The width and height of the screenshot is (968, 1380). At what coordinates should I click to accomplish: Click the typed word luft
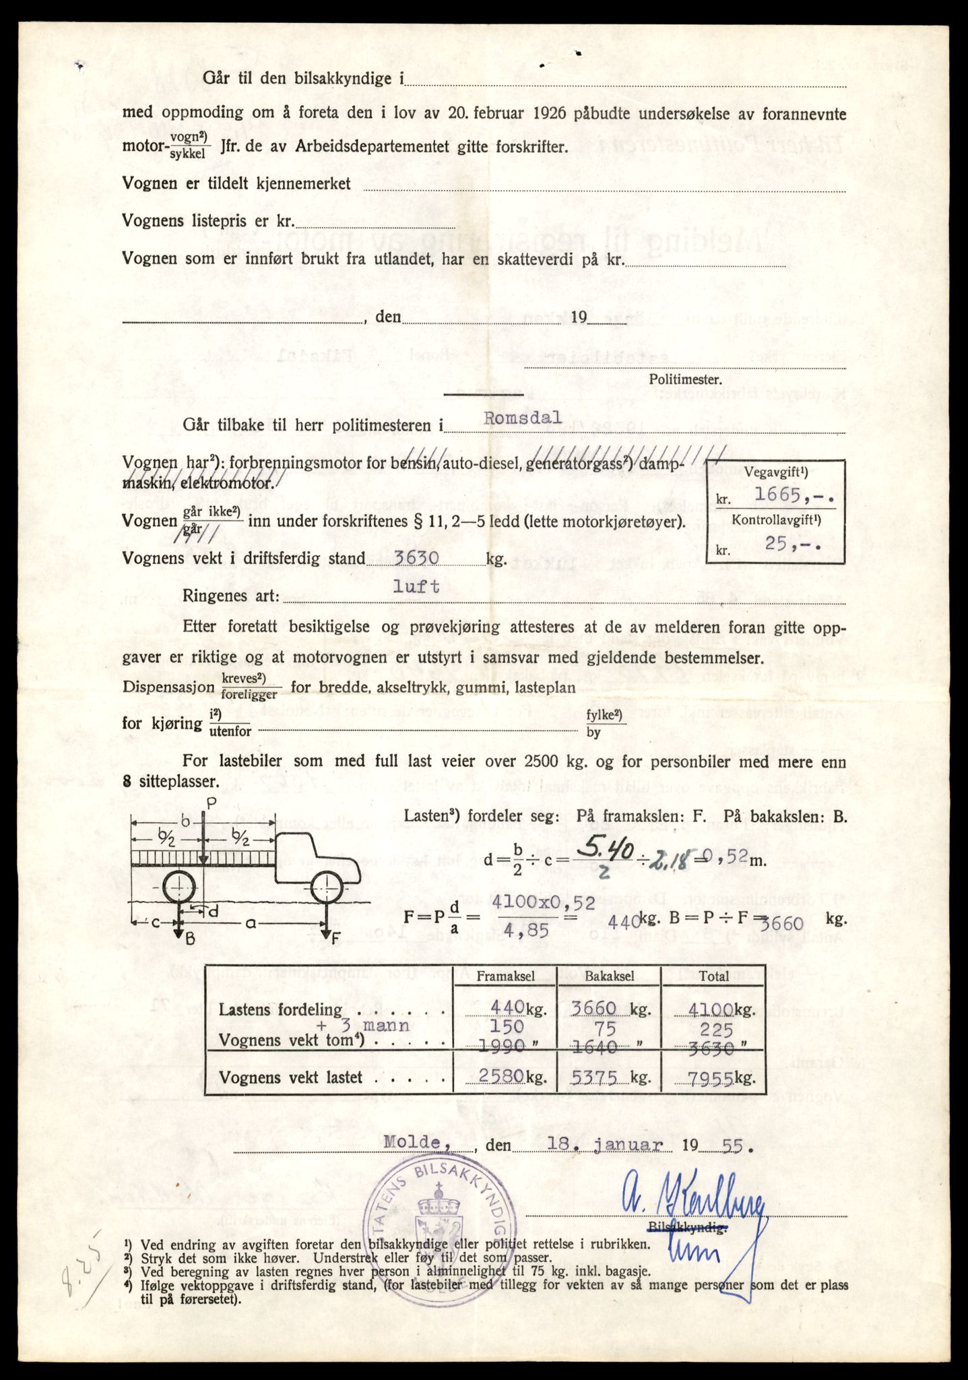point(416,586)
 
